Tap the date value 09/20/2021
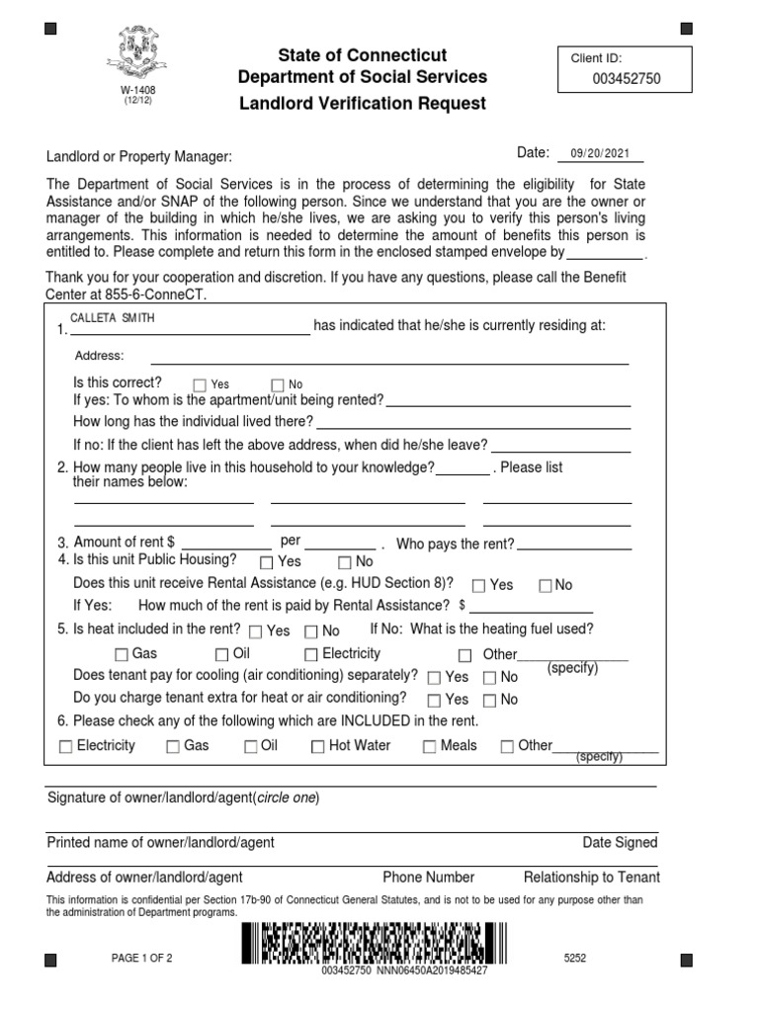pyautogui.click(x=600, y=153)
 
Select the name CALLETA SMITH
pyautogui.click(x=112, y=318)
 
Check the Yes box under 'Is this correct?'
pyautogui.click(x=200, y=384)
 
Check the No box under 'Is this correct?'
pyautogui.click(x=278, y=384)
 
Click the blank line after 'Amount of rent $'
pyautogui.click(x=226, y=543)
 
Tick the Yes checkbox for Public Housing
pyautogui.click(x=266, y=562)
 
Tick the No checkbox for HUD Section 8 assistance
pyautogui.click(x=545, y=585)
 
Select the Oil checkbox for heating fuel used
pyautogui.click(x=222, y=654)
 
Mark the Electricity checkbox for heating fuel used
pyautogui.click(x=311, y=654)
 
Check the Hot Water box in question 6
pyautogui.click(x=318, y=747)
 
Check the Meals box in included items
pyautogui.click(x=430, y=747)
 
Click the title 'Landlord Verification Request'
pyautogui.click(x=362, y=104)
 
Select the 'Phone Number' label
pyautogui.click(x=429, y=877)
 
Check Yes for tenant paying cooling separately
pyautogui.click(x=434, y=678)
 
